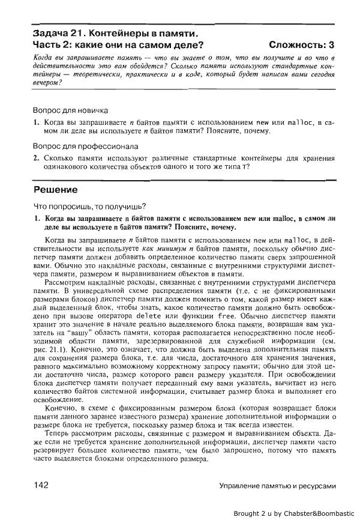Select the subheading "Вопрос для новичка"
click(70, 110)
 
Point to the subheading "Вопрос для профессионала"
click(85, 146)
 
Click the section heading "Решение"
click(55, 190)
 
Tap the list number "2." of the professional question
click(36, 158)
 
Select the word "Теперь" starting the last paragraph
click(58, 432)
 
